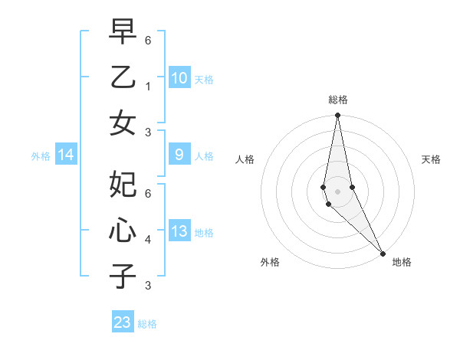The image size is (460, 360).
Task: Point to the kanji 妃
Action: (x=123, y=185)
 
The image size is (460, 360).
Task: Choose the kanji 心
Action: (x=123, y=231)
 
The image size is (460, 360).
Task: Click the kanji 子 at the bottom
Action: (x=123, y=276)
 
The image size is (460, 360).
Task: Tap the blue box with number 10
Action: (x=179, y=77)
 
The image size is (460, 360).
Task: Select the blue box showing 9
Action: (x=179, y=155)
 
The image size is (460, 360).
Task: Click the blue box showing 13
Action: (x=179, y=231)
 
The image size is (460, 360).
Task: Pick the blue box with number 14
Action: (x=66, y=155)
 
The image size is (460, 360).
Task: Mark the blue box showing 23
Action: (x=123, y=322)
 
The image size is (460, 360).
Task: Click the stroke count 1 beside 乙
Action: (x=148, y=86)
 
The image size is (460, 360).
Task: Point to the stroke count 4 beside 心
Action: (x=148, y=240)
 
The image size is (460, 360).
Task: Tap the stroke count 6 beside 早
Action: (x=148, y=40)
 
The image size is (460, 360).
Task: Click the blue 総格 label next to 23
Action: (x=147, y=324)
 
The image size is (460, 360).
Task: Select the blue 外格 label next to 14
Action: (x=41, y=156)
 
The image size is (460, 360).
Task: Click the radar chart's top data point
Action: (x=337, y=116)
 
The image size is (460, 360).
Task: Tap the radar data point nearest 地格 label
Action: (x=383, y=253)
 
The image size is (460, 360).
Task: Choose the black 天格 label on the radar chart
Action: (x=431, y=159)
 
